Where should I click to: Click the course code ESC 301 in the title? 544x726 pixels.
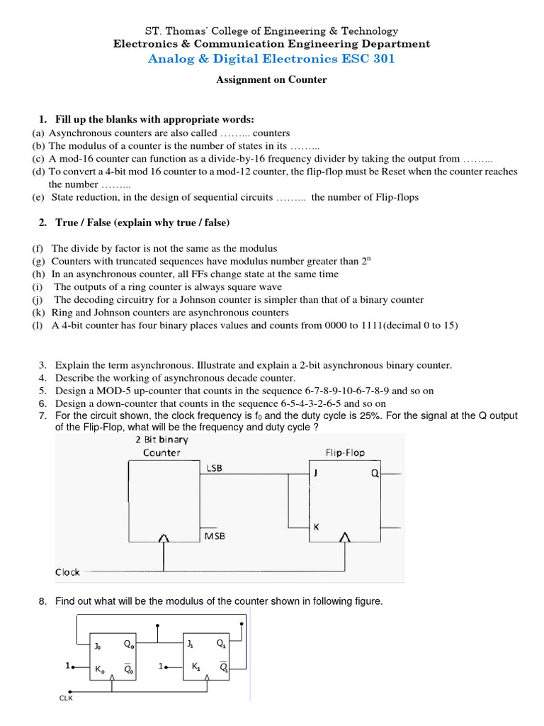tap(369, 59)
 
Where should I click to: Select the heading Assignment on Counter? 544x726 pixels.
tap(271, 80)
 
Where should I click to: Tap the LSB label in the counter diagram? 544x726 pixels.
tap(215, 468)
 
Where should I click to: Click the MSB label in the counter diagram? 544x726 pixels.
tap(215, 537)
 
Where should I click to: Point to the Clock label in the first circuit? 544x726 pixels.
tap(67, 571)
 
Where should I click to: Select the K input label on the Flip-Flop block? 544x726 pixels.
tap(316, 527)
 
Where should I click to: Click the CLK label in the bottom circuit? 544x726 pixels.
tap(66, 698)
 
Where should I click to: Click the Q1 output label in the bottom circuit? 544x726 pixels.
tap(221, 644)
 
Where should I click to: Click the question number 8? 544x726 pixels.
tap(42, 601)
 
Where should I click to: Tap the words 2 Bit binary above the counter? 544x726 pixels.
tap(161, 440)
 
